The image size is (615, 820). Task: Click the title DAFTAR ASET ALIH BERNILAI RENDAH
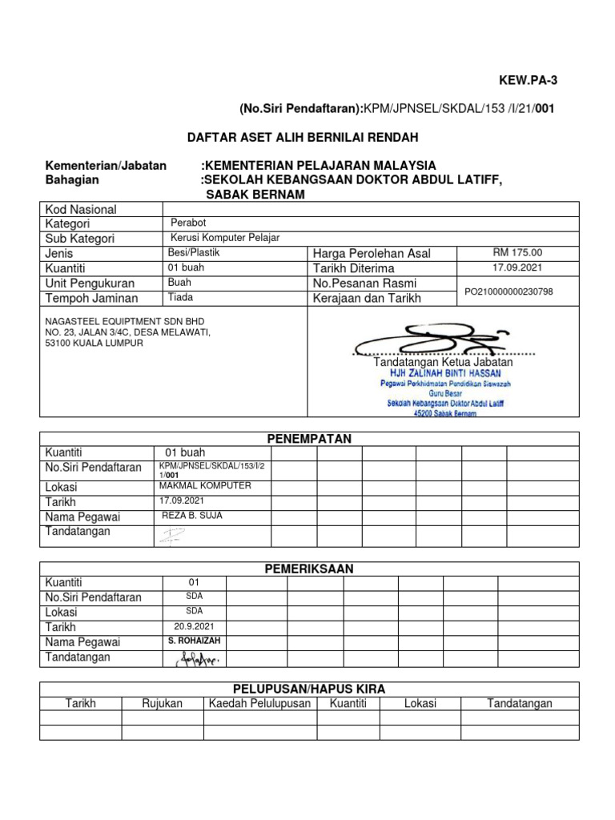click(303, 138)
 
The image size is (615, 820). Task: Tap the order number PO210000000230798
click(508, 291)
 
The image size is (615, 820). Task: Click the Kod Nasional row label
click(81, 209)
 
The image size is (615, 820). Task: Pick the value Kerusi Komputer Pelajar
click(225, 239)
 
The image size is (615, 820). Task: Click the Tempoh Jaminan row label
click(91, 299)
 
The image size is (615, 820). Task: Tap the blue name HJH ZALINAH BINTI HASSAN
click(444, 373)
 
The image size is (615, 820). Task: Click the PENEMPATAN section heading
click(309, 438)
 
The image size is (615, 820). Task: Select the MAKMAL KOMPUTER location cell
click(206, 486)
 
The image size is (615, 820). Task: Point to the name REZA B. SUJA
click(192, 516)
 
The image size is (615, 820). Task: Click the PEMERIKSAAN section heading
click(309, 569)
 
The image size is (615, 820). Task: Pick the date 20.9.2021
click(193, 627)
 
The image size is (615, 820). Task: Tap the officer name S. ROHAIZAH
click(194, 641)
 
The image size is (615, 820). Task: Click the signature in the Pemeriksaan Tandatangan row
click(195, 659)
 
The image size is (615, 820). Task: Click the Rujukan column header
click(162, 703)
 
